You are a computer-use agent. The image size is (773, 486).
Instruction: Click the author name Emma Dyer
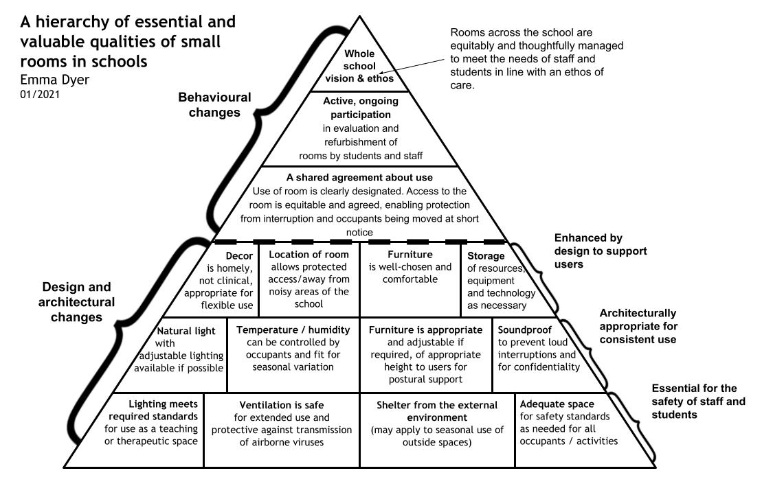pyautogui.click(x=55, y=78)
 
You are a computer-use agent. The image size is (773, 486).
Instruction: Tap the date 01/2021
pyautogui.click(x=41, y=94)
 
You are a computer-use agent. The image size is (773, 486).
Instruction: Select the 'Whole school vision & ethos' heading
pyautogui.click(x=359, y=66)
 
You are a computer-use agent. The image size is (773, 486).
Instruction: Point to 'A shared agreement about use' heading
pyautogui.click(x=359, y=178)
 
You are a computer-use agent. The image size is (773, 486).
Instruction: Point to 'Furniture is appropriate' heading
pyautogui.click(x=423, y=329)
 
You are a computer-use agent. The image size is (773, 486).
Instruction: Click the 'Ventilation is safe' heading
pyautogui.click(x=281, y=405)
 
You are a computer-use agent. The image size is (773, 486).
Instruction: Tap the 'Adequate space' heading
pyautogui.click(x=557, y=405)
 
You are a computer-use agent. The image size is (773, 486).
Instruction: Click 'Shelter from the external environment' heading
pyautogui.click(x=436, y=410)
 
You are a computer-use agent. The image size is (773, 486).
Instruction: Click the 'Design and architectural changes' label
pyautogui.click(x=78, y=302)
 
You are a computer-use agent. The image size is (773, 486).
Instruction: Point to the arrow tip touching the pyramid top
pyautogui.click(x=377, y=73)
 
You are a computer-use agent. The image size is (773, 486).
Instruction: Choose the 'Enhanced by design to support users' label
pyautogui.click(x=600, y=251)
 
